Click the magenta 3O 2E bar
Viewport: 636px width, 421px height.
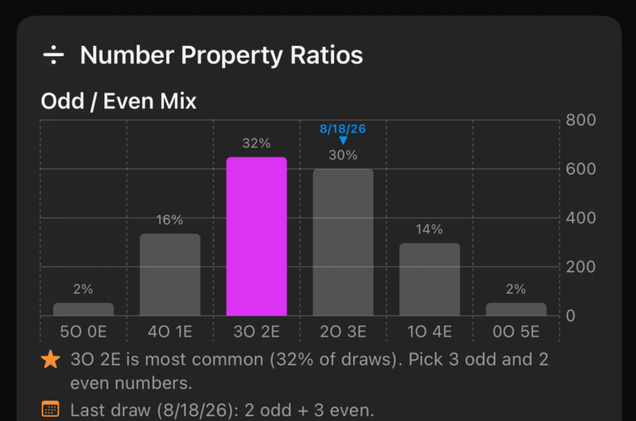256,236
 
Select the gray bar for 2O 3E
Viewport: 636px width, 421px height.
343,243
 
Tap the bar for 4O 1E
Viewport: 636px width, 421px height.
170,275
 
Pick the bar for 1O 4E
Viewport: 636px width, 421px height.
430,280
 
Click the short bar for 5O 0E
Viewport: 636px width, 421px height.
84,309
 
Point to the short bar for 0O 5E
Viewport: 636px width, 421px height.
516,309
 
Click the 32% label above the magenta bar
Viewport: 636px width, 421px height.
256,143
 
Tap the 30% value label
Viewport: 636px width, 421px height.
343,155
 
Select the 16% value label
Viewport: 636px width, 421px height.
169,220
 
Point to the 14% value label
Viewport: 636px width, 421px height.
429,229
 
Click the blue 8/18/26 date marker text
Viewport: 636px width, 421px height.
343,129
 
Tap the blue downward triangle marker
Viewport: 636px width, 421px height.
343,141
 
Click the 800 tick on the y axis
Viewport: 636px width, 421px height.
581,121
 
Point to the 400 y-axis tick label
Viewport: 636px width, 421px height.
581,218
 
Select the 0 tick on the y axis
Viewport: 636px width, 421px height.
571,316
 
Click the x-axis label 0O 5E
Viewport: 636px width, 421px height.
516,332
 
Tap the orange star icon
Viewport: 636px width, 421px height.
51,359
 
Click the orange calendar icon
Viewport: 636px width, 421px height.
51,409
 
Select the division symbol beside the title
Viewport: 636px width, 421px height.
54,55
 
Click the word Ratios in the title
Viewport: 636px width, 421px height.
327,55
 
